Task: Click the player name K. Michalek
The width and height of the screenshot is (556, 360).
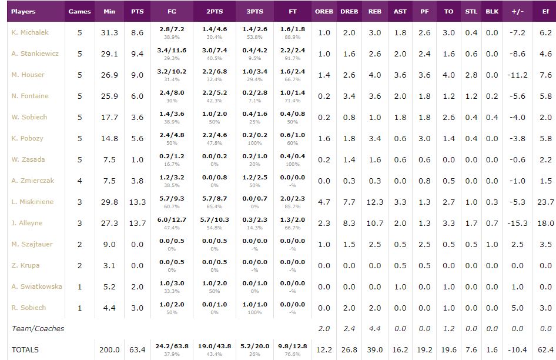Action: [30, 32]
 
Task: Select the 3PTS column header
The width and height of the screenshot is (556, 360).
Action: [254, 11]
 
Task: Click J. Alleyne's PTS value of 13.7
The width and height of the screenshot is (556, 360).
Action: [138, 223]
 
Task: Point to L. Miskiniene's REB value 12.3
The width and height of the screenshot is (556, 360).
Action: [374, 202]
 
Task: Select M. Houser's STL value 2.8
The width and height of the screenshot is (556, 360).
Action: [471, 75]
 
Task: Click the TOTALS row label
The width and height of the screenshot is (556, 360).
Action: [25, 350]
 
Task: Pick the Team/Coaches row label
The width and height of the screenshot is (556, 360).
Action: [38, 328]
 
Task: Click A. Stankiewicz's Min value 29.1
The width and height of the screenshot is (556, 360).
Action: [109, 54]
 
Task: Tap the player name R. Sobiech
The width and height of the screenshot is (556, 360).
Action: [29, 308]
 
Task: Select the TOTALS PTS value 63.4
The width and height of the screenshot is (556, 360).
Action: [138, 350]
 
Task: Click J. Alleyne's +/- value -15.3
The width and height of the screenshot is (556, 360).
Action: [518, 223]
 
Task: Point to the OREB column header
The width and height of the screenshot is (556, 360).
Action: [324, 11]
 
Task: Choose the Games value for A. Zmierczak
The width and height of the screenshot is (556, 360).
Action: [80, 181]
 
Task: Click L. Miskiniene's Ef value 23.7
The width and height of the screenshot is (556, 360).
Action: [545, 202]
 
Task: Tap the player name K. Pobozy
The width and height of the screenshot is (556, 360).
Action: [28, 138]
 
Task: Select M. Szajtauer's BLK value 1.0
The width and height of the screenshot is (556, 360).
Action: [492, 244]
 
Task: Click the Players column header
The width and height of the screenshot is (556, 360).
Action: [24, 11]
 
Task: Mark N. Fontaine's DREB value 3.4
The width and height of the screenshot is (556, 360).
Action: [349, 96]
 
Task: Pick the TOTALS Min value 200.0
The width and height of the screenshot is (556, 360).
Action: [109, 350]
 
